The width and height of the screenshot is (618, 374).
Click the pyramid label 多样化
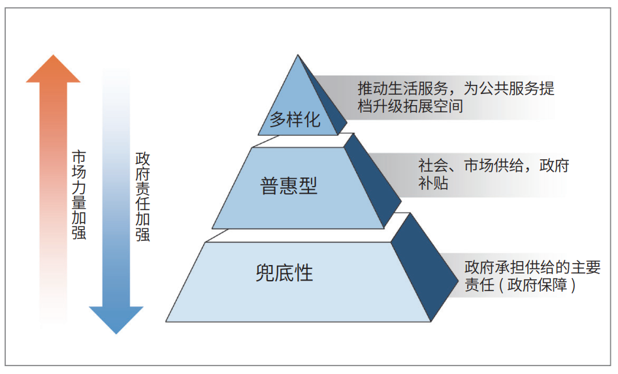coord(295,119)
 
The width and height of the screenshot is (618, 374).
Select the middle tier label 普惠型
coord(289,186)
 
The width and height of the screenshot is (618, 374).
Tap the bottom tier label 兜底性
coord(284,272)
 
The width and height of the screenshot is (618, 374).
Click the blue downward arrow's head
coord(116,320)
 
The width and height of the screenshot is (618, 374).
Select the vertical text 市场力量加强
coord(79,195)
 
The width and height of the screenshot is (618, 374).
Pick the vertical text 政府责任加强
coord(142,196)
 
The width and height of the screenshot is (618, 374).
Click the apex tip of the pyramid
coord(298,55)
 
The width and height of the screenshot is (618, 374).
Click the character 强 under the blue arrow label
coord(142,234)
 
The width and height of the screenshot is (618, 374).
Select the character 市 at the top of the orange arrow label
coord(79,157)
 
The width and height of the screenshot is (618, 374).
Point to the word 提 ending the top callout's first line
coord(547,89)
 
